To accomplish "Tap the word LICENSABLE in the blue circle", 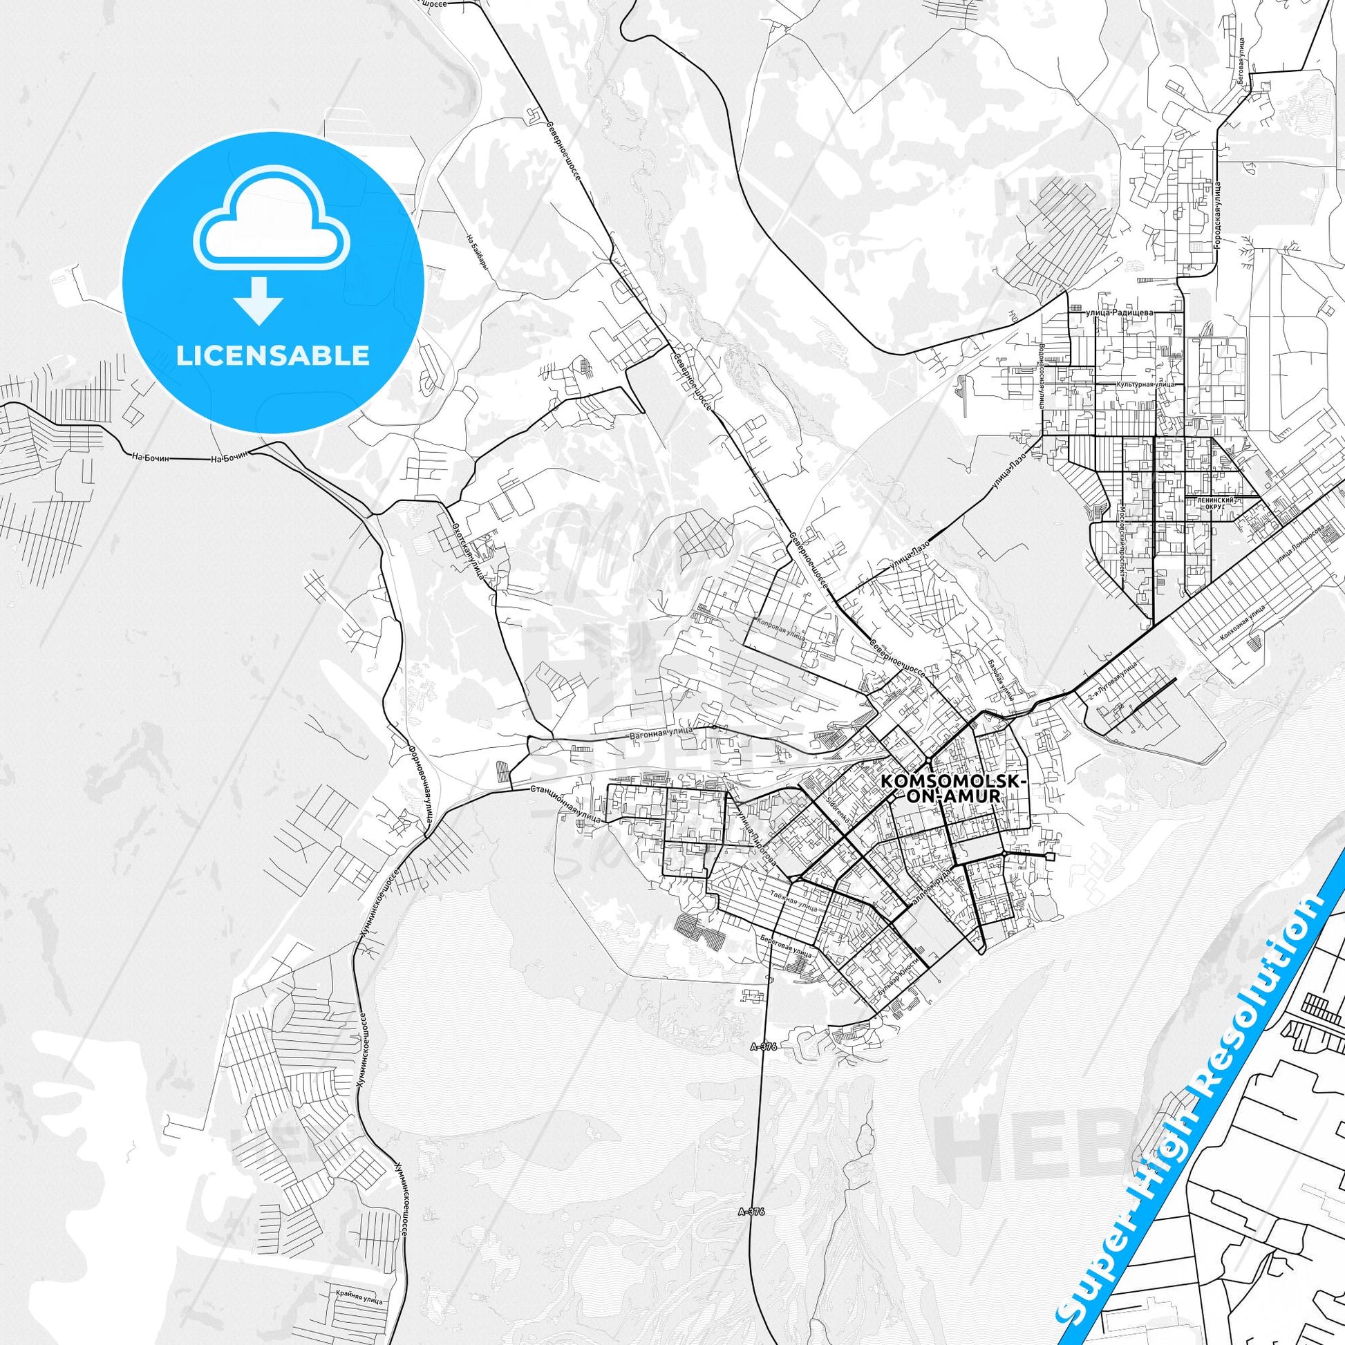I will (273, 355).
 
